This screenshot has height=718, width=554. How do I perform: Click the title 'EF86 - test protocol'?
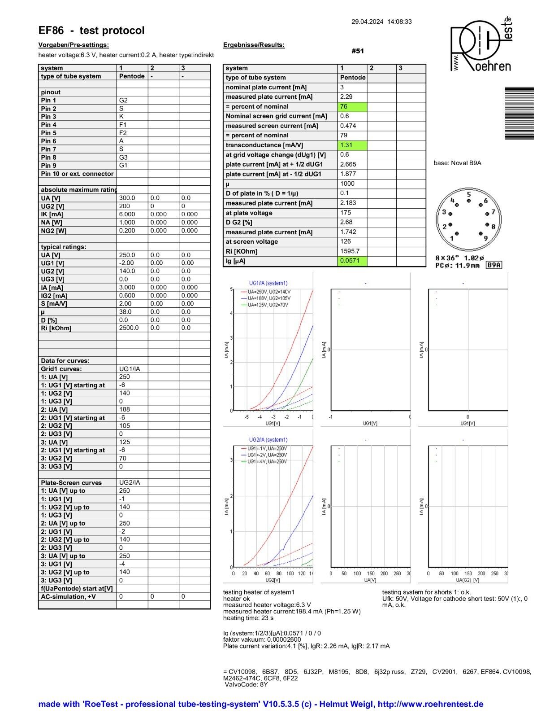coord(91,31)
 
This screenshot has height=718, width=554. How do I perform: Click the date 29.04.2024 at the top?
coord(367,22)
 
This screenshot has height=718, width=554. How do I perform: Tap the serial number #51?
coord(358,51)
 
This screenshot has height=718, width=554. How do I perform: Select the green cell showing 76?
coord(352,107)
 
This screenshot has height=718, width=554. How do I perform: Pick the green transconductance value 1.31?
coord(352,145)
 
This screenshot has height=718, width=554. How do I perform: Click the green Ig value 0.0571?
coord(352,261)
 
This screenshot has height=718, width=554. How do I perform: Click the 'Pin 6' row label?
coord(49,141)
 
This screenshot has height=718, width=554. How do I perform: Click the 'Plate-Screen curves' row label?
coord(71,483)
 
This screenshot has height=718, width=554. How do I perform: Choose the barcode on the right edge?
coord(519,113)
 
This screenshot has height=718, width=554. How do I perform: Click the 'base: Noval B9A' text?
coord(457,163)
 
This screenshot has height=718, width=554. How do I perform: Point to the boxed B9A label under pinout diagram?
coord(494,265)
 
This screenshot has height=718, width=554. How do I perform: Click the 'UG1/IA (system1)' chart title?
coord(268,283)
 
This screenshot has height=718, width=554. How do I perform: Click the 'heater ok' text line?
coord(236,599)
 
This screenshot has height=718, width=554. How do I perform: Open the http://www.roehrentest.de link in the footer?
coord(430,704)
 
